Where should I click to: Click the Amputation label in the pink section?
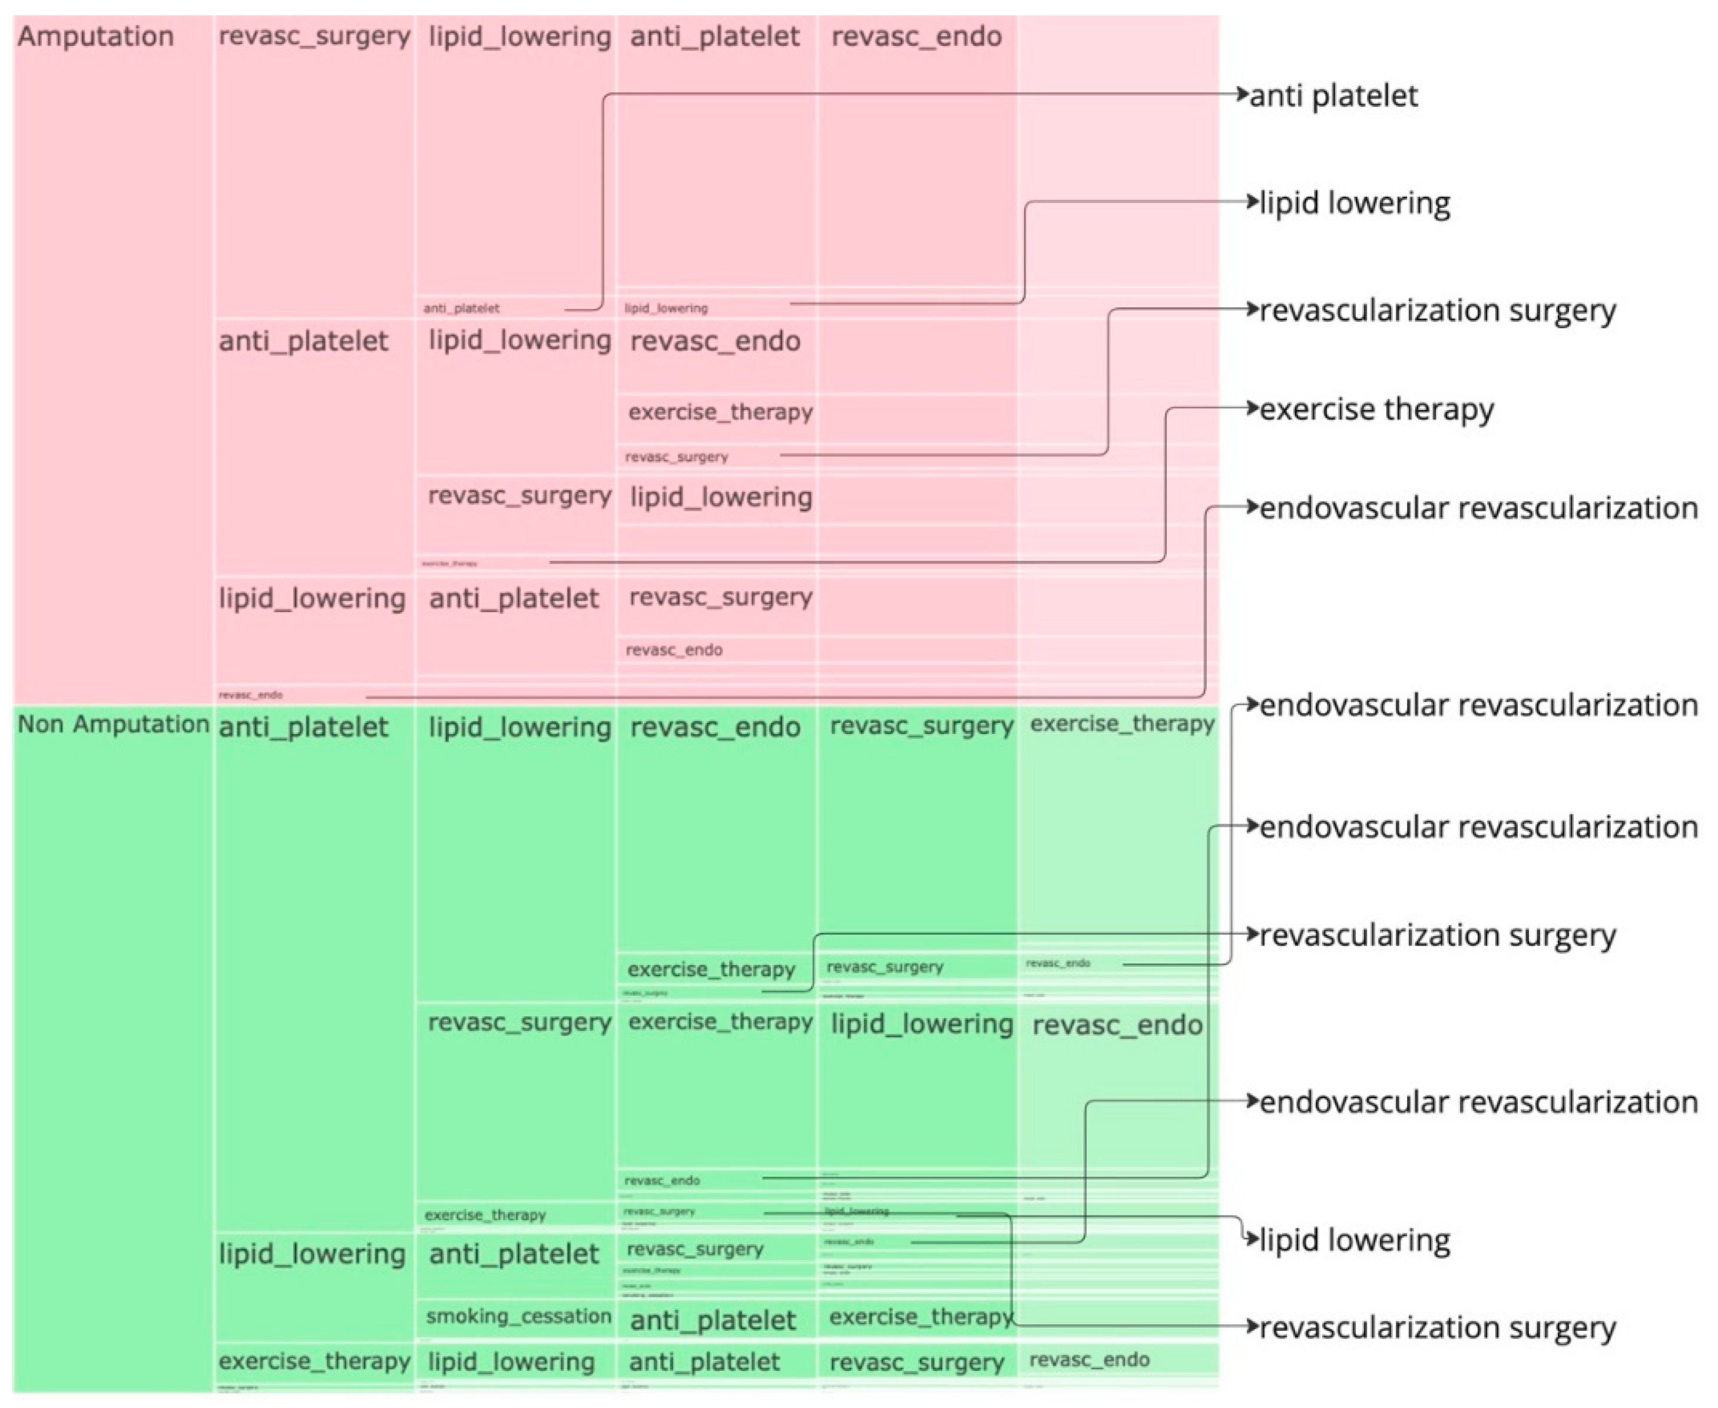click(x=95, y=37)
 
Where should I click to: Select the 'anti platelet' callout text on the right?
click(x=1333, y=95)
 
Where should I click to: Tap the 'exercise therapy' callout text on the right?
click(x=1376, y=409)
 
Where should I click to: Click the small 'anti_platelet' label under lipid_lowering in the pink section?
click(x=513, y=599)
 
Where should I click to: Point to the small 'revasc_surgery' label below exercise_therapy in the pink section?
click(x=676, y=457)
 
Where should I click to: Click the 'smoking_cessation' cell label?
click(x=519, y=1316)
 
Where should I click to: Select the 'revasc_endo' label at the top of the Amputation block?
click(x=916, y=37)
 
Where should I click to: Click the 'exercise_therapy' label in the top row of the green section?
click(x=1122, y=723)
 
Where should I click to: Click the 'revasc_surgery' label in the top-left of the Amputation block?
click(x=315, y=37)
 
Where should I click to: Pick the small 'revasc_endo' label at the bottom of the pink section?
click(x=250, y=694)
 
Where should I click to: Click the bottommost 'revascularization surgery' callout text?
click(x=1436, y=1328)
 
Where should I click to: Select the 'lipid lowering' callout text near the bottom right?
click(x=1354, y=1240)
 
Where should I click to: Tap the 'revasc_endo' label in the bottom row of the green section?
click(x=1089, y=1360)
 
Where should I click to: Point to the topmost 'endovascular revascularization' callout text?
click(x=1478, y=508)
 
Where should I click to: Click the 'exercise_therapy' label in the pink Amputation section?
click(x=720, y=412)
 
